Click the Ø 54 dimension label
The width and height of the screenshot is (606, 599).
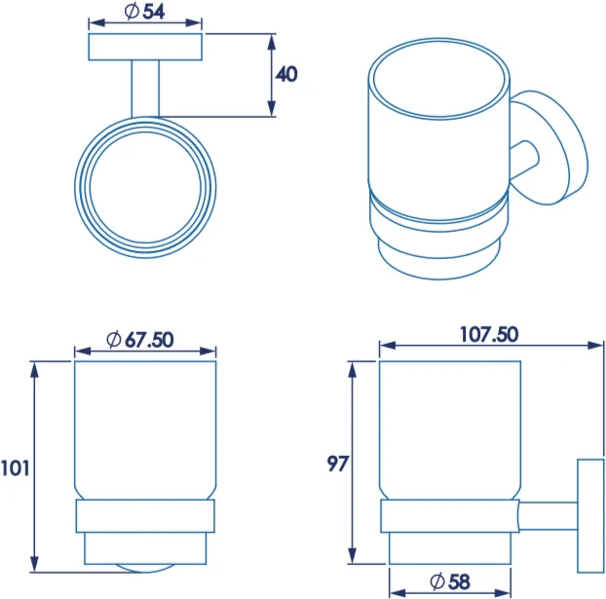click(x=145, y=12)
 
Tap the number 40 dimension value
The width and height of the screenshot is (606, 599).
click(x=286, y=74)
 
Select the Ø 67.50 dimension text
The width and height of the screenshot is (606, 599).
click(x=140, y=340)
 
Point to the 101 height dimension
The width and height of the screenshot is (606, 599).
click(x=15, y=468)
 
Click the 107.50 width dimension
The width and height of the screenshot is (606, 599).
click(x=489, y=334)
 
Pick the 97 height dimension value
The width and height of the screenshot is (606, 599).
click(x=338, y=464)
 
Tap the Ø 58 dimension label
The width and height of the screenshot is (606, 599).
click(x=450, y=582)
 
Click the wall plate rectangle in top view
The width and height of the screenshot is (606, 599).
click(x=145, y=47)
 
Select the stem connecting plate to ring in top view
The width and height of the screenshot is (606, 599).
click(x=145, y=89)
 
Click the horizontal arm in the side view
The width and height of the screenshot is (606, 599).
click(x=549, y=516)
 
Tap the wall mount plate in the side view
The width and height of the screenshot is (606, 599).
click(x=590, y=516)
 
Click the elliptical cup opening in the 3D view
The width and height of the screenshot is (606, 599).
click(x=439, y=79)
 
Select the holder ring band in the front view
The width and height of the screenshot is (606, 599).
click(x=145, y=516)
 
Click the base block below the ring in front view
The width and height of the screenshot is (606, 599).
click(x=145, y=548)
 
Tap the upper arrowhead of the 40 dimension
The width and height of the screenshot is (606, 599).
click(x=272, y=42)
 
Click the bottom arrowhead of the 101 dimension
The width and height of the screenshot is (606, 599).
click(x=35, y=564)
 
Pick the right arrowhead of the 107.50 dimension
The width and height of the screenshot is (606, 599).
click(x=595, y=345)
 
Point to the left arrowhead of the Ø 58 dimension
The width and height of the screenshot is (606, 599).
click(x=398, y=593)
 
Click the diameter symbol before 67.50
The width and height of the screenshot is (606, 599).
click(x=114, y=340)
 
